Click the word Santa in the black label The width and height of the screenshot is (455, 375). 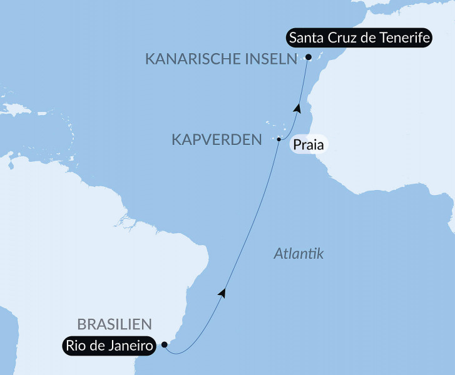coord(306,39)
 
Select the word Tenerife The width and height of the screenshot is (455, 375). coord(404,39)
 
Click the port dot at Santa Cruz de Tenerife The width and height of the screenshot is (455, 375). coord(308,57)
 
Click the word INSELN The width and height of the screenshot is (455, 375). coord(269,59)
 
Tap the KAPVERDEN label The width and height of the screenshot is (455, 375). coord(217,140)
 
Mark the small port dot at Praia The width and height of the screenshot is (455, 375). coord(279,139)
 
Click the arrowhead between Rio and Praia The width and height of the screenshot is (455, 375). coord(221,292)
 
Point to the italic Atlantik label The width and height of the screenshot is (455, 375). coord(298,254)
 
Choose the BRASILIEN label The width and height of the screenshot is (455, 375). coord(115,324)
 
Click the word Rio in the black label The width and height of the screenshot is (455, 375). coord(76,345)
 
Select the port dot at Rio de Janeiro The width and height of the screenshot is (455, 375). coord(164,344)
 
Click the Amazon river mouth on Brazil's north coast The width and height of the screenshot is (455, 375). coord(128,222)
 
